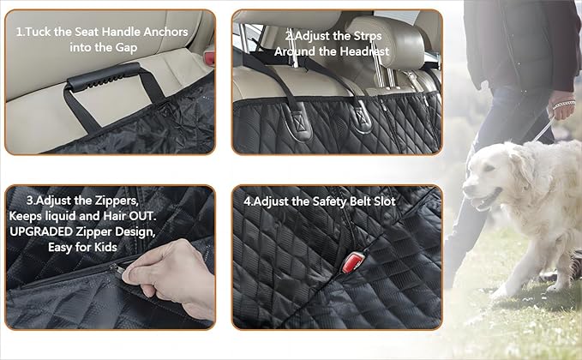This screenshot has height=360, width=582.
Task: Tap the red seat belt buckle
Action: click(351, 263)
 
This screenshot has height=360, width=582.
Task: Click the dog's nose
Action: click(467, 193)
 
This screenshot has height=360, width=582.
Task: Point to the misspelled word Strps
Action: click(361, 36)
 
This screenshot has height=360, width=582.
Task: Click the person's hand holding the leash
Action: click(561, 110)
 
